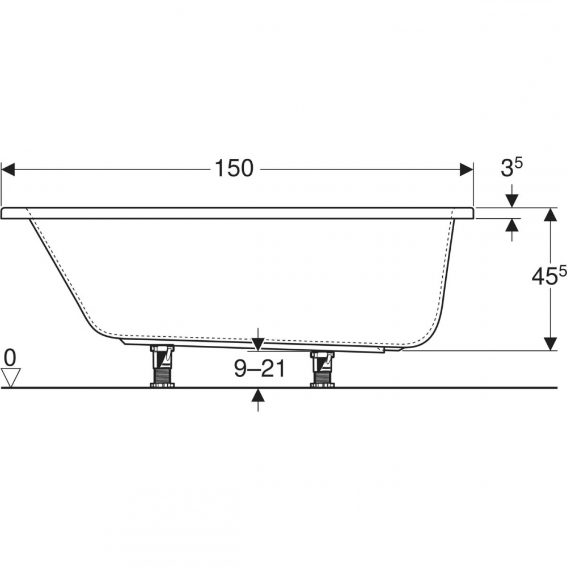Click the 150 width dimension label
point(234,168)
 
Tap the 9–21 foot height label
point(260,369)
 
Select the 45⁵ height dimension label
point(549,277)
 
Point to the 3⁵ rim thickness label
point(511,168)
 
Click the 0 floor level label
point(10,358)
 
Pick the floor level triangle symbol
point(12,378)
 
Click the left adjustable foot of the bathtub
point(162,366)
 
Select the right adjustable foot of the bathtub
point(322,369)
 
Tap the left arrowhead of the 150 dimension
point(8,169)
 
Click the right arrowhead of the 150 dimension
point(467,169)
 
